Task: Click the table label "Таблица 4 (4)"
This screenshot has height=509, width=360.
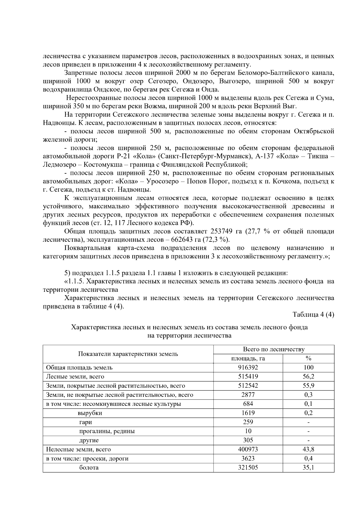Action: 313,315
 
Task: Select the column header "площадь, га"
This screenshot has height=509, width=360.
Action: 248,358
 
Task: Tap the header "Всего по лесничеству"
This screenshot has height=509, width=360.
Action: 274,349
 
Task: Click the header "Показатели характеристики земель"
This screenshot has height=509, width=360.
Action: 128,354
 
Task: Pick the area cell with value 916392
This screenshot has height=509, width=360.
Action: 248,367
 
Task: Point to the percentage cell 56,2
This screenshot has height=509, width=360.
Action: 308,376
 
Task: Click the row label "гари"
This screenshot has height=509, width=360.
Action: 85,422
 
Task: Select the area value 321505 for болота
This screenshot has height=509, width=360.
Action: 248,468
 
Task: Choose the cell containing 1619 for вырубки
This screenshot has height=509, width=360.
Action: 248,413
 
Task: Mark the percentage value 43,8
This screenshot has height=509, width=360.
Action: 308,449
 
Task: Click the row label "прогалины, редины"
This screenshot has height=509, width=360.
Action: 107,431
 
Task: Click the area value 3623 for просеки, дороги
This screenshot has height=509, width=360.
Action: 248,459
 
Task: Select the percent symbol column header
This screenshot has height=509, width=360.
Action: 308,358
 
